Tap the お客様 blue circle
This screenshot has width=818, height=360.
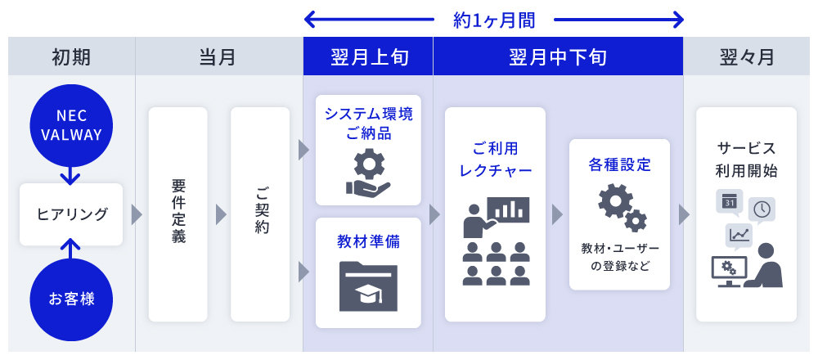tap(70, 299)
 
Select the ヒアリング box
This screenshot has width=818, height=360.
tap(71, 214)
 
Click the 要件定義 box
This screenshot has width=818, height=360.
tap(178, 214)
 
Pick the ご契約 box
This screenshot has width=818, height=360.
tap(260, 214)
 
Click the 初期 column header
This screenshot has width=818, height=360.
tap(71, 57)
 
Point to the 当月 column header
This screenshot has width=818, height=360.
tap(218, 57)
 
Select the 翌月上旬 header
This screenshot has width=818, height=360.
tap(368, 57)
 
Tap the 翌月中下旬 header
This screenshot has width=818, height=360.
tap(558, 57)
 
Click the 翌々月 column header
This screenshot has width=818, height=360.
tap(746, 57)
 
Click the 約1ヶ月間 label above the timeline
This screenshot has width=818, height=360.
tap(494, 19)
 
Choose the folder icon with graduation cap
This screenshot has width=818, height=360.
tap(368, 286)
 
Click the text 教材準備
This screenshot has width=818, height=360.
tap(368, 241)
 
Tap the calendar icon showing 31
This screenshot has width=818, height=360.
tap(728, 201)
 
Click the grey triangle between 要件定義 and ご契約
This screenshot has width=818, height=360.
tap(221, 214)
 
